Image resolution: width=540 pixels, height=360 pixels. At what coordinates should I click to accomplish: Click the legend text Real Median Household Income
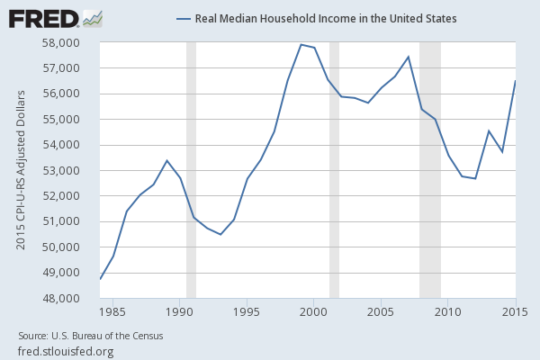(325, 18)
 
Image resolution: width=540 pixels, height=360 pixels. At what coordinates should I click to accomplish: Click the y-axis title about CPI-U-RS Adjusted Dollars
(20, 170)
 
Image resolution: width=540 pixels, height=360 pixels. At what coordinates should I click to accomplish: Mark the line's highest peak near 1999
(301, 44)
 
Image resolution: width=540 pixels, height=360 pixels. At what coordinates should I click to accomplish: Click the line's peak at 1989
(167, 160)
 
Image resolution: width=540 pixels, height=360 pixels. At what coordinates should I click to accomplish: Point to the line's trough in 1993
(220, 234)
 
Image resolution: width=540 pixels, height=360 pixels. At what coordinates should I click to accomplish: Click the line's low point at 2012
(475, 178)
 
